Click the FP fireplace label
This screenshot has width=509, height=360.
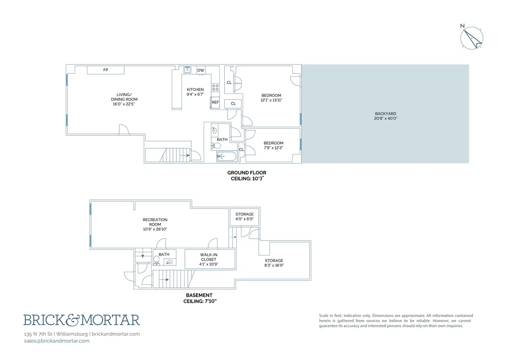(106, 70)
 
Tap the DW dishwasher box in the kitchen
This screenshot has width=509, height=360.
(201, 70)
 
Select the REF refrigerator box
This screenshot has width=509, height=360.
(215, 102)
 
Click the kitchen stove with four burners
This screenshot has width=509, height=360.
(215, 87)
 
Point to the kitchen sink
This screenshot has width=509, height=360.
(187, 70)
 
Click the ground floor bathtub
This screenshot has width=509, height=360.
(227, 157)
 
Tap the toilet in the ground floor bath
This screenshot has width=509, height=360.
(216, 146)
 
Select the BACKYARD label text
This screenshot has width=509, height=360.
(385, 113)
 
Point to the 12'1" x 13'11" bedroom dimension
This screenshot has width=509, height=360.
(271, 100)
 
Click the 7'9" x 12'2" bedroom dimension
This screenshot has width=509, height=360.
(273, 148)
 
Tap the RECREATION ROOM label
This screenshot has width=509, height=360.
(155, 222)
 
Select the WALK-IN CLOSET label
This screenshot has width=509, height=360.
(208, 257)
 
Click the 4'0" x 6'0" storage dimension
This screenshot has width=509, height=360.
(244, 219)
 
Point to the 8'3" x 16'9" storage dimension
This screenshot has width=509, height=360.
(274, 265)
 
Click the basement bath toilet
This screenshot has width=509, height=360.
(156, 259)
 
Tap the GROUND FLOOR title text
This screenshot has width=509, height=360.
(246, 172)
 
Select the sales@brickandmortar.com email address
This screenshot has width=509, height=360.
(57, 341)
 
